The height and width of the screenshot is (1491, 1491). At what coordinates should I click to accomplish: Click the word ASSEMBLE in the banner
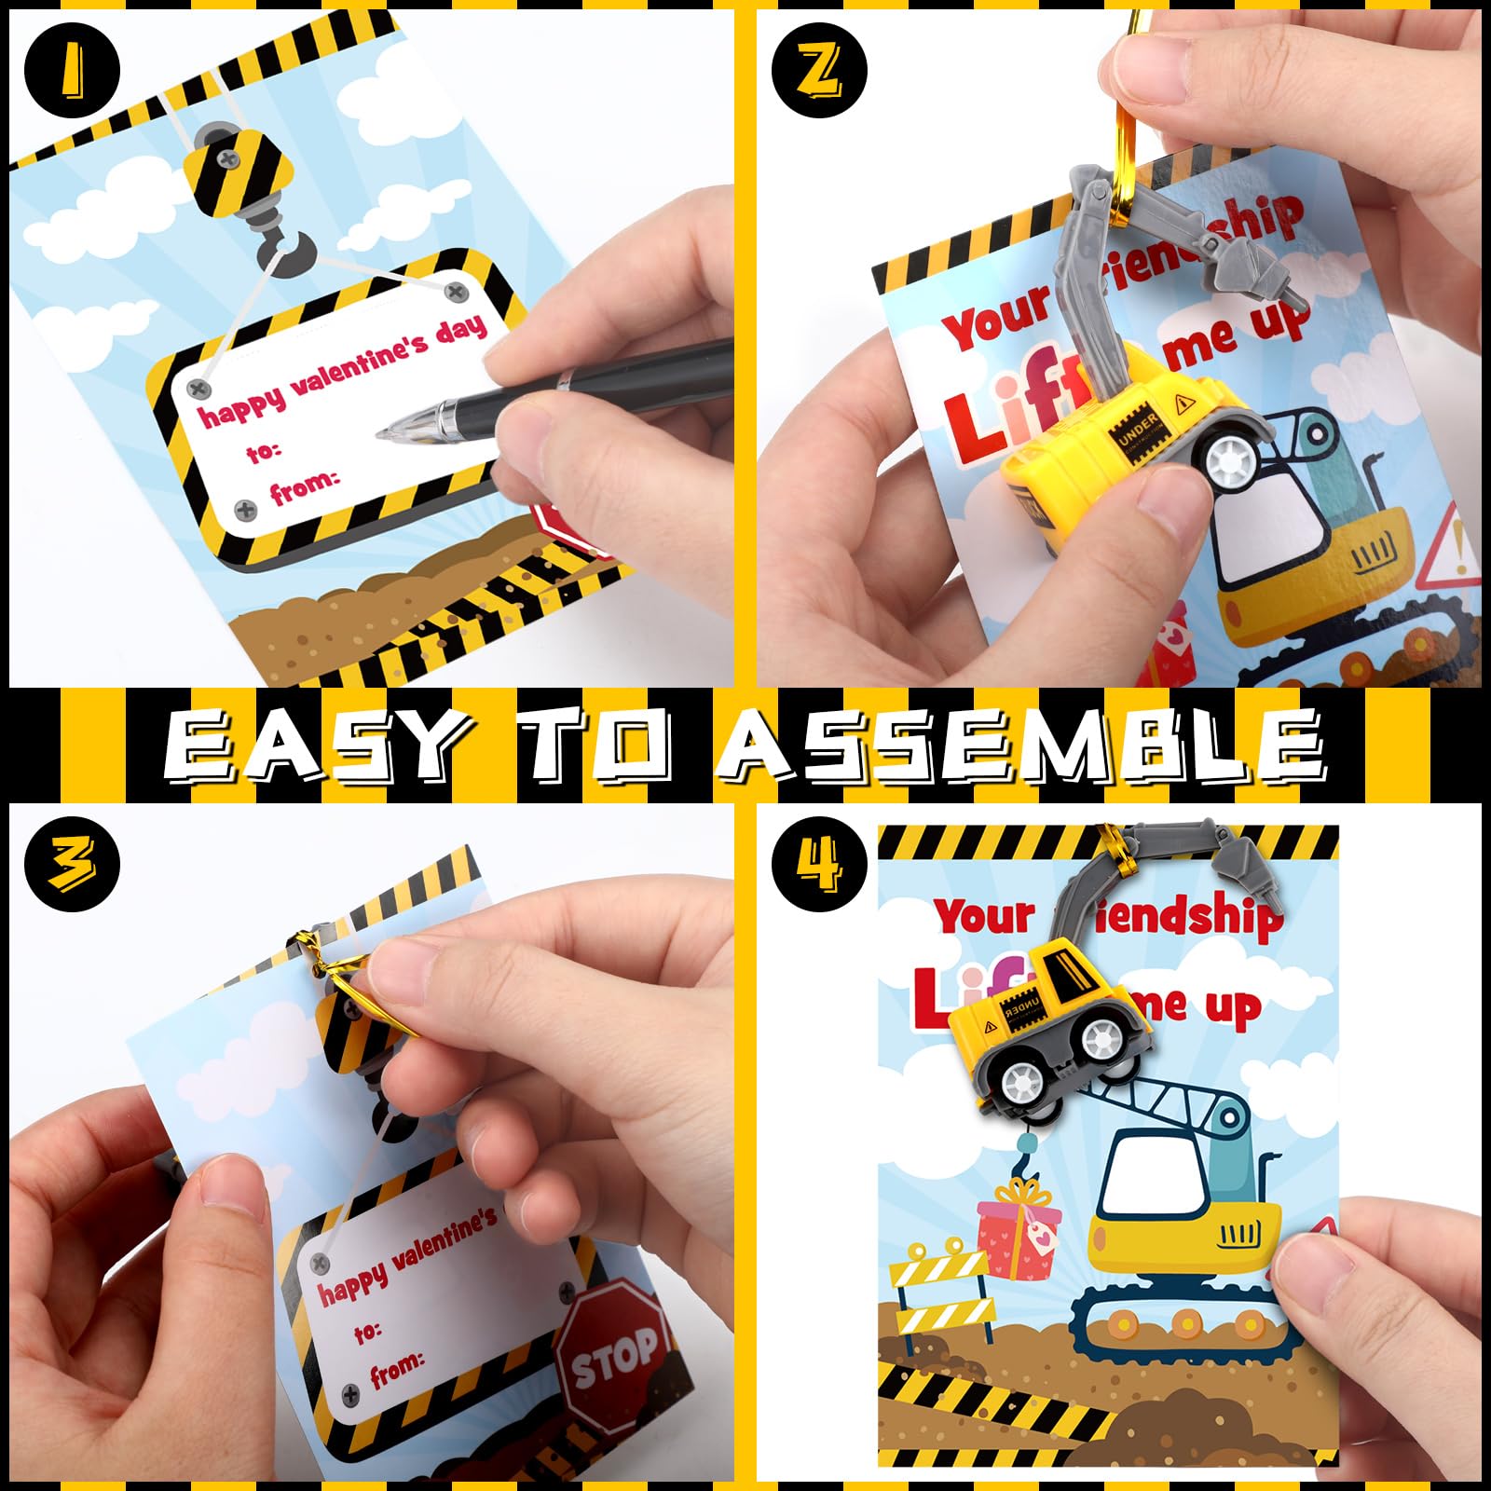pyautogui.click(x=1025, y=745)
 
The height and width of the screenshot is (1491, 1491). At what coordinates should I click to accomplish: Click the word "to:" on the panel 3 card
pyautogui.click(x=368, y=1333)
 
